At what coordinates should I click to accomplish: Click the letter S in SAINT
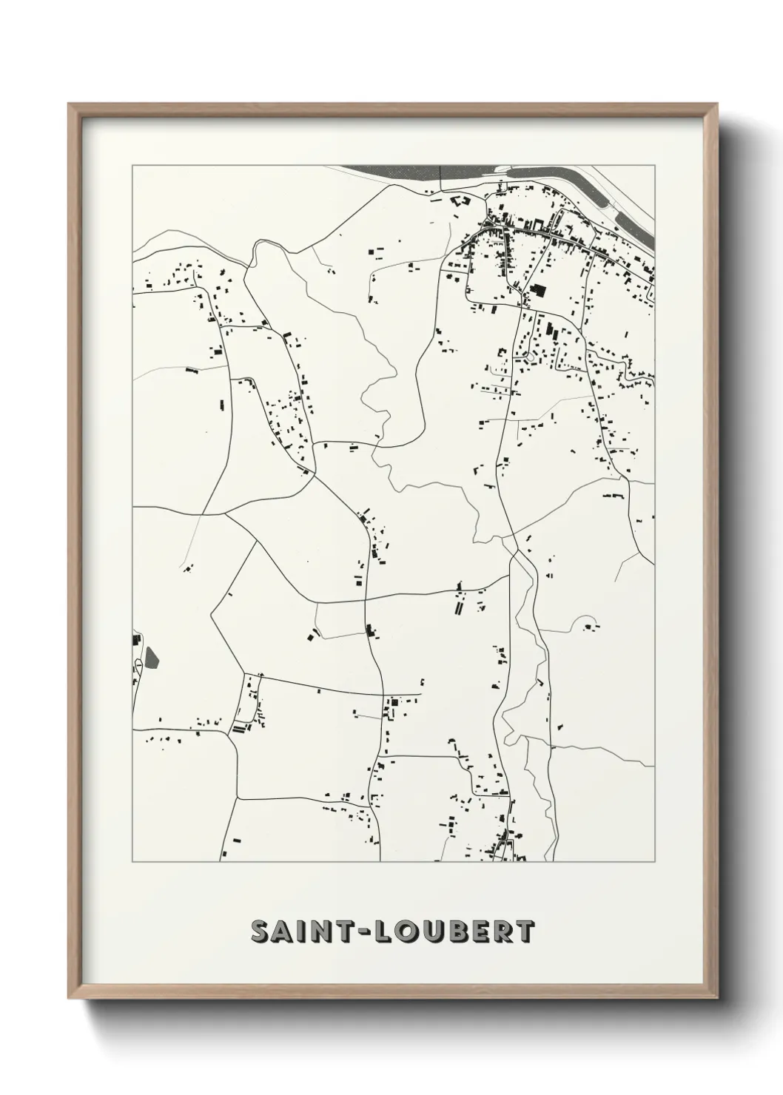pos(260,931)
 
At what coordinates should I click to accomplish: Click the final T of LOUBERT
pos(525,931)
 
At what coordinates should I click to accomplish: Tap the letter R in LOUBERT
pos(503,931)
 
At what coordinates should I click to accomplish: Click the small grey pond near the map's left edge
pos(151,656)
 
